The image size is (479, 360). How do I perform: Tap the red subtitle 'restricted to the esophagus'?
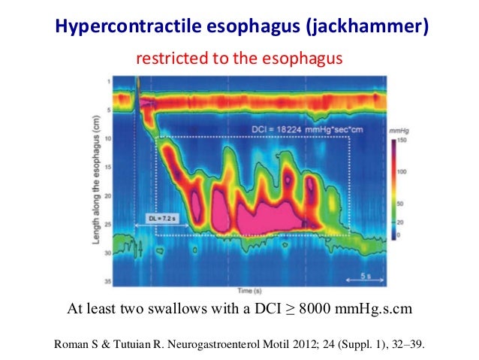[x=238, y=59]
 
